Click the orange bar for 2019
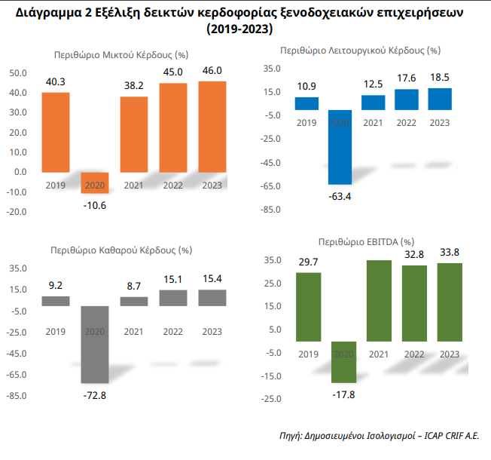(x=56, y=132)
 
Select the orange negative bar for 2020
(x=96, y=182)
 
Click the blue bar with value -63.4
(x=340, y=150)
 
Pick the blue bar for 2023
(x=440, y=99)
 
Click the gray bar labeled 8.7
(x=135, y=301)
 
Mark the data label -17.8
(x=343, y=394)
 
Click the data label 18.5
(x=440, y=78)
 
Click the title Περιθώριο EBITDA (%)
(x=366, y=243)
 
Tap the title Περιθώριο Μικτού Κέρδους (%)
(x=121, y=55)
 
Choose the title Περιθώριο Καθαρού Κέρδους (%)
(x=120, y=249)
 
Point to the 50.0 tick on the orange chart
(x=17, y=74)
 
